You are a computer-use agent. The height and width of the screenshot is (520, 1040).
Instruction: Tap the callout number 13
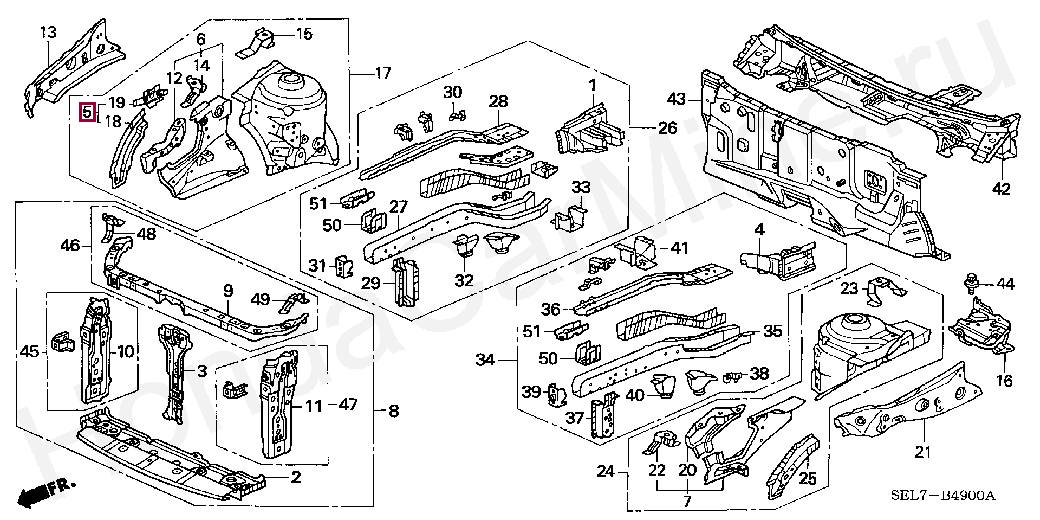(x=48, y=33)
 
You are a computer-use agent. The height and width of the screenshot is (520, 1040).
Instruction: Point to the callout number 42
(x=1002, y=189)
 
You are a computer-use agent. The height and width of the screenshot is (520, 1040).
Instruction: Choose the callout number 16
(x=1004, y=381)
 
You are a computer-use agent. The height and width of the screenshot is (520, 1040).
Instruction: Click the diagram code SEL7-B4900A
(x=943, y=496)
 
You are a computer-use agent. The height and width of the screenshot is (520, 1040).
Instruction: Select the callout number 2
(x=295, y=478)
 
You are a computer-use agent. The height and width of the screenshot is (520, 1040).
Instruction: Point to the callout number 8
(x=393, y=411)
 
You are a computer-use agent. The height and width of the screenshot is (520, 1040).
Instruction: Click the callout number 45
(x=29, y=352)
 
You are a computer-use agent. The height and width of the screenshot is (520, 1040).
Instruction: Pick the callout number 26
(x=667, y=128)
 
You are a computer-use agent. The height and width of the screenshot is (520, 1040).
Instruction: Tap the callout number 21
(x=922, y=451)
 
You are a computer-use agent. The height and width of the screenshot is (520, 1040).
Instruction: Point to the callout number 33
(x=581, y=188)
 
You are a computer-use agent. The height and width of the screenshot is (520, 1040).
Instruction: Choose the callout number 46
(x=70, y=246)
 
